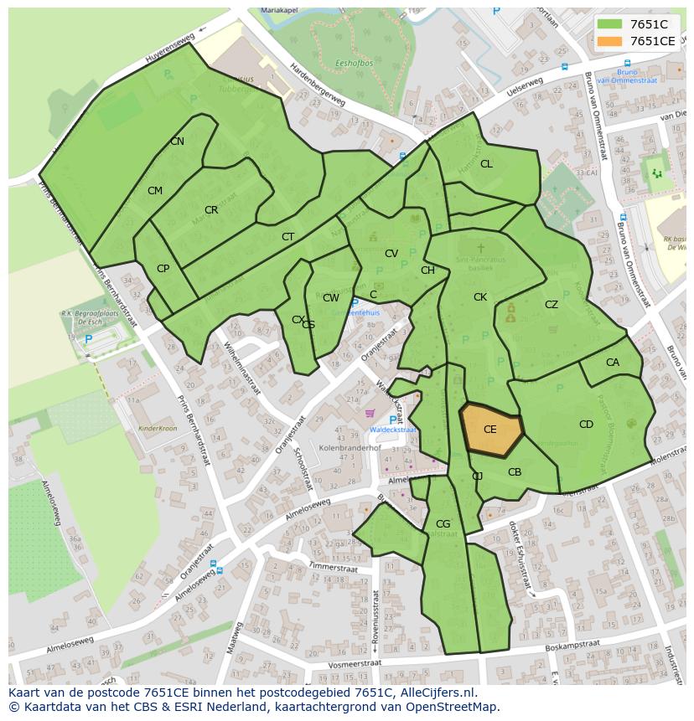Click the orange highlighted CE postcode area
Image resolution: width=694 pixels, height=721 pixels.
[x=491, y=429]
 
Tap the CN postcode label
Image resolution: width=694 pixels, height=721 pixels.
[x=177, y=142]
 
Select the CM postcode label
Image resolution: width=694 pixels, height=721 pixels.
[x=155, y=191]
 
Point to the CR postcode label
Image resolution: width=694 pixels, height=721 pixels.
[x=211, y=210]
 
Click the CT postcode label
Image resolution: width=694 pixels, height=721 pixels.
[x=287, y=237]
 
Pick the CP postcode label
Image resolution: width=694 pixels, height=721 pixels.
[x=163, y=269]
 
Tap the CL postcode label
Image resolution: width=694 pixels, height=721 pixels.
[x=486, y=164]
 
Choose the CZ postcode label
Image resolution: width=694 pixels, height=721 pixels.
[x=551, y=305]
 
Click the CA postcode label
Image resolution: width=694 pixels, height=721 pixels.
[x=612, y=363]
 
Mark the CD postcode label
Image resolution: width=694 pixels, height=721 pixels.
[x=586, y=425]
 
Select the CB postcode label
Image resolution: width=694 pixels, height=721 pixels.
[x=515, y=472]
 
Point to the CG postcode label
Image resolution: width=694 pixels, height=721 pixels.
[x=443, y=525]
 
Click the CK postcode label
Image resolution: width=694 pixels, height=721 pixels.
[x=479, y=297]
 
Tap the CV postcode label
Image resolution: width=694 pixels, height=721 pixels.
[x=391, y=254]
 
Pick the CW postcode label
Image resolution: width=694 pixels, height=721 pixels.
[x=331, y=298]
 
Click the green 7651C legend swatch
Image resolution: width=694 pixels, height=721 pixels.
[x=610, y=24]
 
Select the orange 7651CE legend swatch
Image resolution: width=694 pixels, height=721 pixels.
[x=610, y=41]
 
